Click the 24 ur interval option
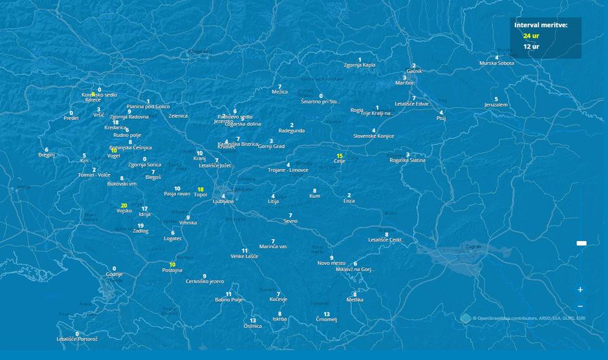pyautogui.click(x=531, y=36)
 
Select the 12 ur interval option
pyautogui.click(x=531, y=47)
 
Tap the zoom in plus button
pyautogui.click(x=580, y=290)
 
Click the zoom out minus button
pyautogui.click(x=580, y=306)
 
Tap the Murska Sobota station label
pyautogui.click(x=497, y=63)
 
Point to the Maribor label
pyautogui.click(x=404, y=83)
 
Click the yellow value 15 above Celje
pyautogui.click(x=340, y=156)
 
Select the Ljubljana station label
pyautogui.click(x=223, y=202)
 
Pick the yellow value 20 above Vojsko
pyautogui.click(x=124, y=206)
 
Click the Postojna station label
pyautogui.click(x=172, y=271)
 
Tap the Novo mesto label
pyautogui.click(x=332, y=263)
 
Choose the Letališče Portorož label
pyautogui.click(x=77, y=339)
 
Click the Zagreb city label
pyautogui.click(x=473, y=246)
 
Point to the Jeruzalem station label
pyautogui.click(x=496, y=105)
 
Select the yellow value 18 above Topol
pyautogui.click(x=201, y=189)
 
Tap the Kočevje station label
pyautogui.click(x=278, y=300)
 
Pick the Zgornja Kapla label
pyautogui.click(x=360, y=65)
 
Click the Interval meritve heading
pyautogui.click(x=541, y=25)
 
